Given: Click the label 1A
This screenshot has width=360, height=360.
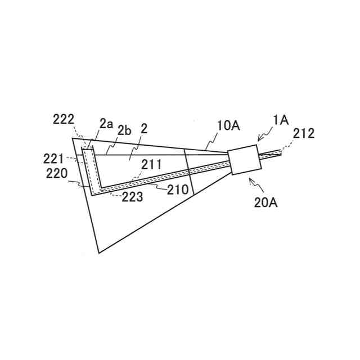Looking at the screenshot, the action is pos(281,120).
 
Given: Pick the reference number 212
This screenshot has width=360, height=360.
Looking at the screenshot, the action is pos(304,134).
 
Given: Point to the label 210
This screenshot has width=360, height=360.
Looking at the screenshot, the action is pos(178,190).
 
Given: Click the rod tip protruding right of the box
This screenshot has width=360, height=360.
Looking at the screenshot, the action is pos(278,152).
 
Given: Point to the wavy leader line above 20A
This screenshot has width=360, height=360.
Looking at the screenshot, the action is pos(253,183).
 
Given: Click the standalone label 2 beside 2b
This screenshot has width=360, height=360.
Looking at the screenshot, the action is pos(144,129).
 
